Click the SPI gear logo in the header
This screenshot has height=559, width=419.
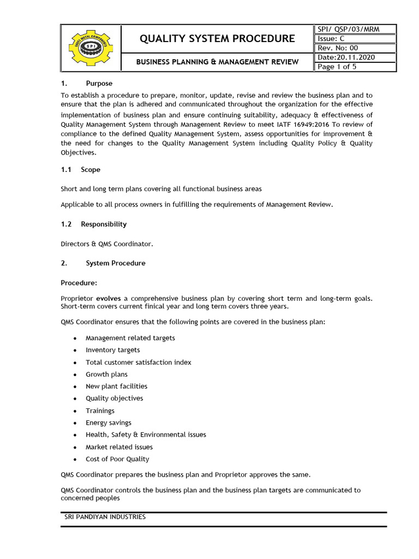click(x=89, y=49)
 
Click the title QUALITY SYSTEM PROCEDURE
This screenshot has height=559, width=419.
click(x=217, y=39)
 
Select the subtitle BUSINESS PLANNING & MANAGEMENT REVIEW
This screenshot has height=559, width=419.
click(x=217, y=62)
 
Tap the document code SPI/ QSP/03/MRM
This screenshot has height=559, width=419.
click(x=348, y=29)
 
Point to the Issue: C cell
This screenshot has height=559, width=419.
click(x=331, y=39)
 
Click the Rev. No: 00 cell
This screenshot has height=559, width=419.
click(x=338, y=48)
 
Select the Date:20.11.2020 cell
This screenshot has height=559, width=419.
click(x=346, y=57)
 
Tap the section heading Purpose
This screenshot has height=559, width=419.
click(x=99, y=84)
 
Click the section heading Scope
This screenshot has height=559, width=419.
click(x=91, y=170)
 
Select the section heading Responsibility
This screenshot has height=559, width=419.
click(x=104, y=224)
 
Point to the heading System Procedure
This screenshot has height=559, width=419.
click(x=116, y=263)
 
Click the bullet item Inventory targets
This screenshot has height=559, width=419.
click(x=112, y=350)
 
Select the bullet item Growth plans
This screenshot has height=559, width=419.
click(x=106, y=374)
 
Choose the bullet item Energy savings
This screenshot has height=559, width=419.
click(x=108, y=423)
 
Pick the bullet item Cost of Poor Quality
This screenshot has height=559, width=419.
click(x=117, y=459)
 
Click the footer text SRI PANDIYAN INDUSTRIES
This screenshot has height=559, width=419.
click(x=105, y=516)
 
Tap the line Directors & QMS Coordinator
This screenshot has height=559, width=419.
click(x=107, y=244)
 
